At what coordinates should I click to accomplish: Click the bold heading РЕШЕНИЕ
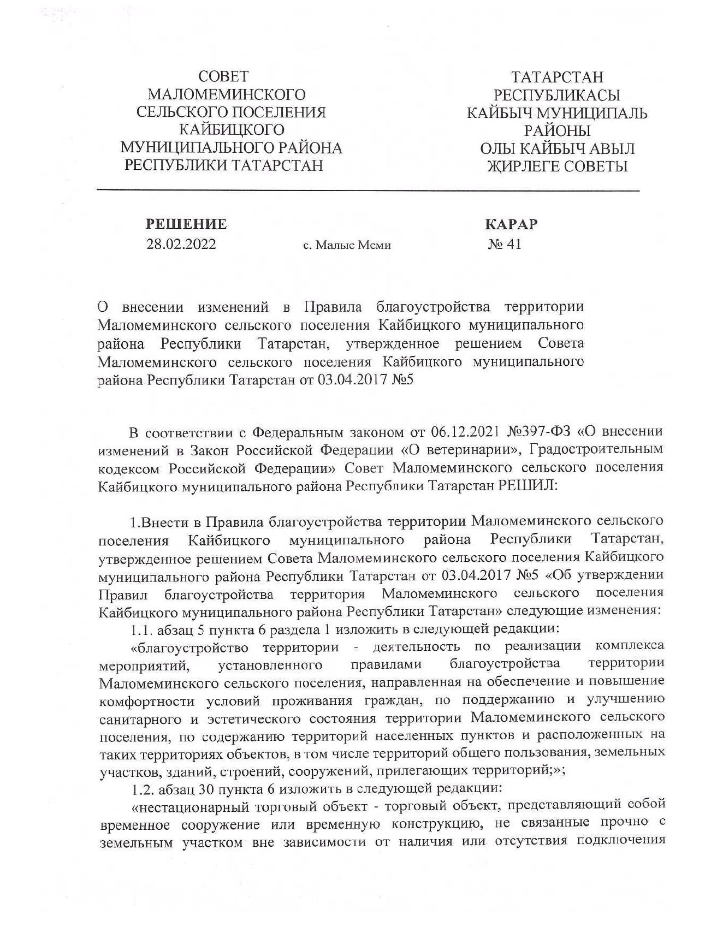pos(186,224)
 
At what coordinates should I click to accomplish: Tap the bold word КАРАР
pos(511,224)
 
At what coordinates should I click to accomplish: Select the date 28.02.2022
pos(181,244)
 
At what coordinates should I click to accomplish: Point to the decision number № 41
pos(505,244)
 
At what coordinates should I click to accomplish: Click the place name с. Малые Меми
pos(347,246)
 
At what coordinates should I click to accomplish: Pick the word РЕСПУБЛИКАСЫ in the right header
pos(557,95)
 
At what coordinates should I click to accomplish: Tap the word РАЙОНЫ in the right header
pos(557,131)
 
